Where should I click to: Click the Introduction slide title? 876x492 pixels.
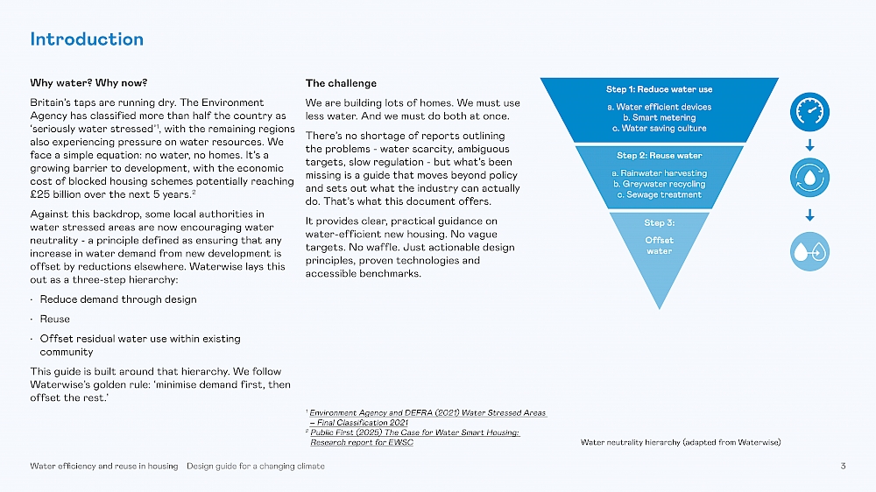(x=87, y=39)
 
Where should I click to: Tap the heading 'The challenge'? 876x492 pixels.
(x=341, y=84)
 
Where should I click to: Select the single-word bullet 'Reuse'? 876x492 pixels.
(x=55, y=320)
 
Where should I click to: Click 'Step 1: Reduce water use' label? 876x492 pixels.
(x=659, y=89)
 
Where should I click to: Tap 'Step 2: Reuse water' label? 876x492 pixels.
(x=659, y=156)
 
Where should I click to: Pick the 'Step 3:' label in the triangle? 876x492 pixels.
(x=659, y=222)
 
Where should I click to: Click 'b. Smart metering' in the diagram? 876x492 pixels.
(x=659, y=117)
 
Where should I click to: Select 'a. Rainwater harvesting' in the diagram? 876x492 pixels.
(x=659, y=173)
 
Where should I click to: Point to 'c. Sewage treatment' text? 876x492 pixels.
(x=659, y=194)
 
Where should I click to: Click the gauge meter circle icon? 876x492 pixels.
(x=809, y=111)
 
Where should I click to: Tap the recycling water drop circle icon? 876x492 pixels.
(x=809, y=178)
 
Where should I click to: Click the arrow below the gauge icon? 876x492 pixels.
(x=809, y=144)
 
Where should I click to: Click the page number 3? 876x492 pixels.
(x=843, y=466)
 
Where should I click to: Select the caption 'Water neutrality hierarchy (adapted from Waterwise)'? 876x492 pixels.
(x=681, y=442)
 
